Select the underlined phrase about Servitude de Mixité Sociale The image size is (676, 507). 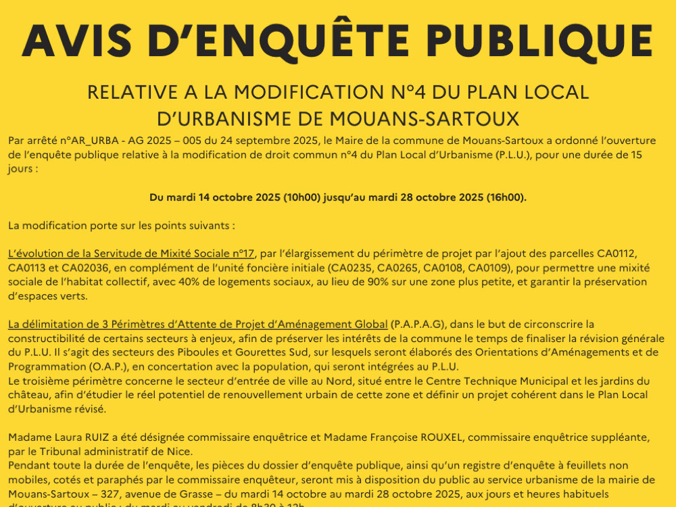click(x=131, y=254)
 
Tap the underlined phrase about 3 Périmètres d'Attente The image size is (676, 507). click(x=198, y=324)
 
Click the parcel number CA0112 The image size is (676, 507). click(x=617, y=254)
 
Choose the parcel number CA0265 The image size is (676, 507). click(x=399, y=268)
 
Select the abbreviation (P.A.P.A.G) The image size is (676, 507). click(x=419, y=324)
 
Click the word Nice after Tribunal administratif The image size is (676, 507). click(x=179, y=452)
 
